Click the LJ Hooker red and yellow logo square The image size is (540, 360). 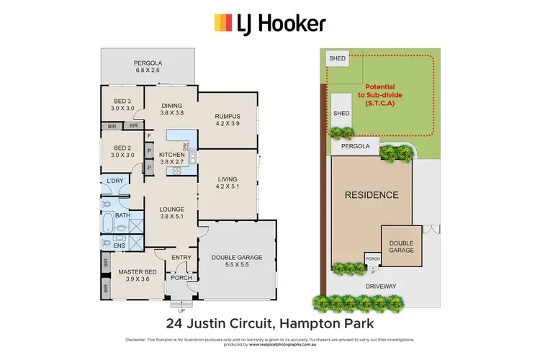tap(222, 24)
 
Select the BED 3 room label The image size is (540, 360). tap(122, 105)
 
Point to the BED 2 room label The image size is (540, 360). tap(122, 150)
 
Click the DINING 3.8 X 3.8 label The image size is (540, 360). tap(171, 108)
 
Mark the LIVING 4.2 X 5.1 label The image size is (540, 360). tap(227, 183)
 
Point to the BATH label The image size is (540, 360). tap(122, 215)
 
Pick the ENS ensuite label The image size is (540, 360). tap(120, 245)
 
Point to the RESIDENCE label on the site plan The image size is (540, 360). tap(371, 195)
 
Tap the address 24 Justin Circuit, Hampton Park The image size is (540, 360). tap(269, 322)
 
